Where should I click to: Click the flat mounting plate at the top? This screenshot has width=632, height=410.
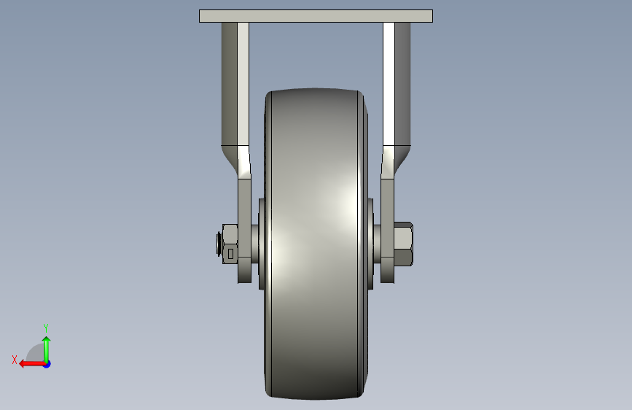316,16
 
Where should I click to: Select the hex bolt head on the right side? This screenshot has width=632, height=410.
403,244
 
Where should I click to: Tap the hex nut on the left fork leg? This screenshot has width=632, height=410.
230,244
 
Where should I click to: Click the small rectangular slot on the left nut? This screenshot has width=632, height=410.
230,253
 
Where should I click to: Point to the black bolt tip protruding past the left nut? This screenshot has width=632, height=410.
219,244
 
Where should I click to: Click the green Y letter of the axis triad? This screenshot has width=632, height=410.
46,328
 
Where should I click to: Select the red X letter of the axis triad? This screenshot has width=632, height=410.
15,360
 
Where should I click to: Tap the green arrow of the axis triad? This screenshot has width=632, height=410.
47,349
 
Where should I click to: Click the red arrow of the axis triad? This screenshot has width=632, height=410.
32,364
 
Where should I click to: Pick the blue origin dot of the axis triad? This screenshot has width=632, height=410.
47,364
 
